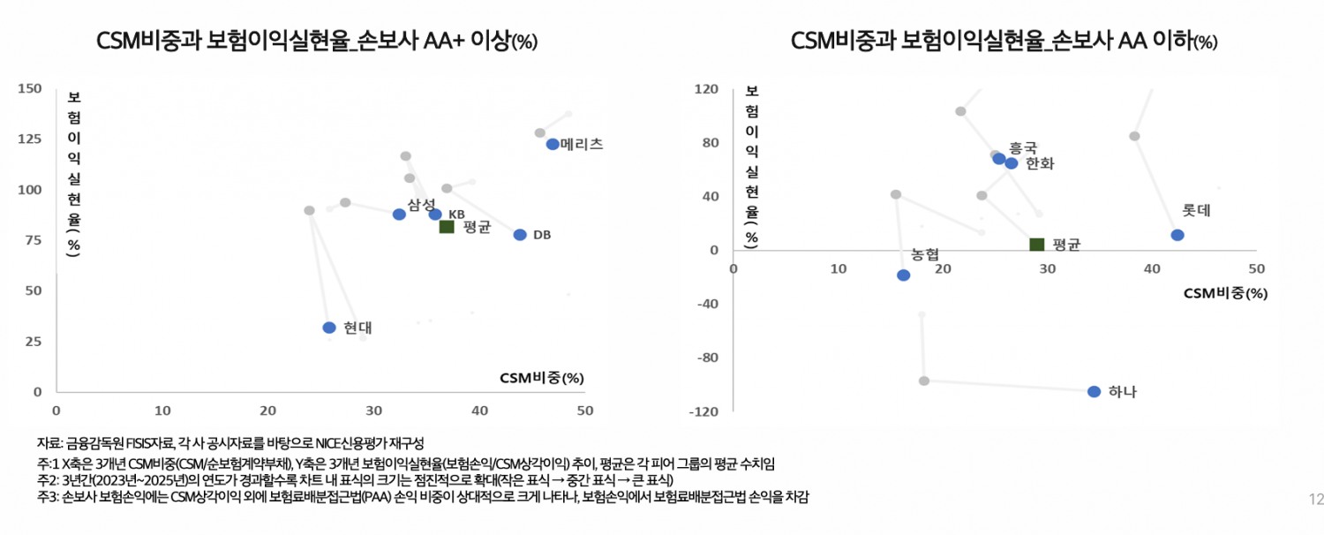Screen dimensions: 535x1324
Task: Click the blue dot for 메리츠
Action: [553, 144]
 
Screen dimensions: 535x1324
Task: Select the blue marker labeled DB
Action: [520, 235]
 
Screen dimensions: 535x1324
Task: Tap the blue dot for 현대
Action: [329, 328]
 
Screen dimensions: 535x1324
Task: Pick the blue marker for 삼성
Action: [399, 215]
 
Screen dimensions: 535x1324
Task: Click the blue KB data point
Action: [435, 215]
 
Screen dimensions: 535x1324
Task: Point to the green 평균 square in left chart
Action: [447, 227]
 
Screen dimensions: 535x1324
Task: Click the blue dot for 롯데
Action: [1177, 235]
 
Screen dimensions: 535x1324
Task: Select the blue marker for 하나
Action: [1095, 391]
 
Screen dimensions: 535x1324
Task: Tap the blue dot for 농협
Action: [903, 275]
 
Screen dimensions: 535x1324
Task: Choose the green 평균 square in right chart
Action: [1037, 245]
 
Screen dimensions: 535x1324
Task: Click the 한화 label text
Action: [1040, 163]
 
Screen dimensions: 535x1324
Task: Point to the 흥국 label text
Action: [1023, 148]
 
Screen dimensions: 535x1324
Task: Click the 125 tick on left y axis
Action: [31, 139]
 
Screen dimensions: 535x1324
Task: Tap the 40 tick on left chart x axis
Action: [478, 411]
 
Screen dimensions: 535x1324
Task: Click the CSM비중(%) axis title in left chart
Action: [542, 378]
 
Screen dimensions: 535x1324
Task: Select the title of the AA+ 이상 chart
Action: [317, 41]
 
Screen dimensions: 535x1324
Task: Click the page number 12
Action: [1315, 501]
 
